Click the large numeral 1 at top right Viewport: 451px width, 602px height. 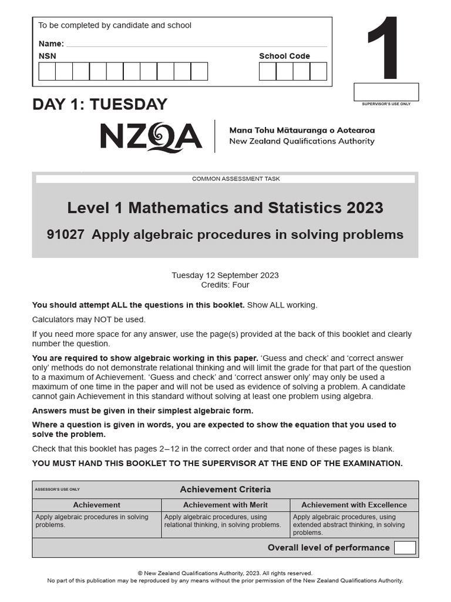[385, 49]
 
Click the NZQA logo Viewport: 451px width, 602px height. [151, 136]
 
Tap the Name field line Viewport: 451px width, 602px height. [196, 44]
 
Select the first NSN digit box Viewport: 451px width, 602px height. [47, 71]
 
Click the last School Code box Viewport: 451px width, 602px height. [318, 71]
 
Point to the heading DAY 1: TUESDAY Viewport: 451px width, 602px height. [100, 105]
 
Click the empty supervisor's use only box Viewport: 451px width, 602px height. [386, 92]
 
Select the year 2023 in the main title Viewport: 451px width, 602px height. [365, 208]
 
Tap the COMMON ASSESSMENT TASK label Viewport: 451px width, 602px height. [225, 179]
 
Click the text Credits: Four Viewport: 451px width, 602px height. [225, 285]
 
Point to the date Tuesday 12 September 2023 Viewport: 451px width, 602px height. [225, 275]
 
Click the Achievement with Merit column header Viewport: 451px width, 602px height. [225, 505]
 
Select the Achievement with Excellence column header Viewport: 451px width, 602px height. [354, 505]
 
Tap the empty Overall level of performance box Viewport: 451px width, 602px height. [405, 548]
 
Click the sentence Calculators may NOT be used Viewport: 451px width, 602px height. [89, 320]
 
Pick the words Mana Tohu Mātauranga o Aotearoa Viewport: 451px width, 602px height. [302, 131]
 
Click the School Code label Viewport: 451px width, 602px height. [284, 56]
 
